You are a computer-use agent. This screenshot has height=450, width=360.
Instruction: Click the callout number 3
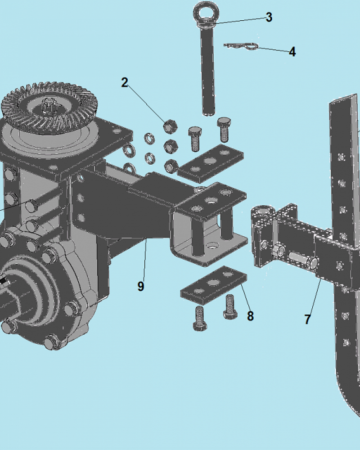(269, 17)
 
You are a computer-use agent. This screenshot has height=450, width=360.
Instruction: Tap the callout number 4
(292, 52)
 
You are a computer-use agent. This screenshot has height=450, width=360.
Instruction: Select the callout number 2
(125, 82)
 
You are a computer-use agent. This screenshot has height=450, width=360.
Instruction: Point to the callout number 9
(141, 286)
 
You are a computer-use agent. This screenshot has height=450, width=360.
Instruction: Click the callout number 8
(250, 316)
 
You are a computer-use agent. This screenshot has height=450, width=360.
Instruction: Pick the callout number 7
(307, 319)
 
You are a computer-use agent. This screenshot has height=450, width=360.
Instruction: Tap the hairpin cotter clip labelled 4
(241, 46)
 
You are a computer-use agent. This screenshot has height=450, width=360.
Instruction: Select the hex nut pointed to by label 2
(170, 126)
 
